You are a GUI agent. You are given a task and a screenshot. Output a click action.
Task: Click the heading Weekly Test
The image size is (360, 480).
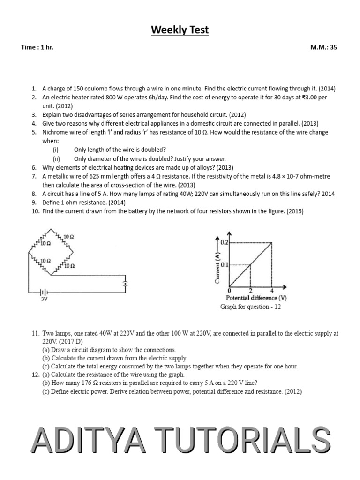pyautogui.click(x=180, y=30)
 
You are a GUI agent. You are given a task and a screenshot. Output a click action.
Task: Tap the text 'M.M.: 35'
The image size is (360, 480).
pyautogui.click(x=323, y=47)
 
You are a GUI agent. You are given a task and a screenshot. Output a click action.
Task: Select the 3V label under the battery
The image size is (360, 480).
pyautogui.click(x=45, y=298)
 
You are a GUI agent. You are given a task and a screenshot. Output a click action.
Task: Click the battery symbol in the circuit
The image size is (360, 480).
pyautogui.click(x=45, y=291)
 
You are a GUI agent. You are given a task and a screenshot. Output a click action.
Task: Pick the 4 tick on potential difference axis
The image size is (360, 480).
pyautogui.click(x=272, y=290)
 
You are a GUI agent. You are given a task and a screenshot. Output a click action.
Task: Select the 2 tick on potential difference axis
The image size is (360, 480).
pyautogui.click(x=250, y=290)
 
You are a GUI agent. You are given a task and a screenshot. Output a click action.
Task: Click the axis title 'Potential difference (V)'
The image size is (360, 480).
pyautogui.click(x=256, y=298)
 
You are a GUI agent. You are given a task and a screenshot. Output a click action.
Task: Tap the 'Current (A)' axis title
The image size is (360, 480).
pyautogui.click(x=217, y=268)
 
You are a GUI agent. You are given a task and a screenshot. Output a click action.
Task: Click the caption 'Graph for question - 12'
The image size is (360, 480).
pyautogui.click(x=250, y=307)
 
